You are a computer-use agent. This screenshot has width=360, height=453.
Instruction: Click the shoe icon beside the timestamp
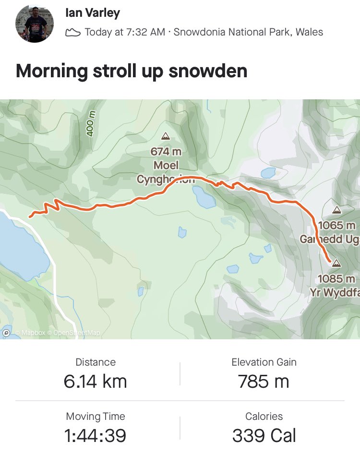(72, 33)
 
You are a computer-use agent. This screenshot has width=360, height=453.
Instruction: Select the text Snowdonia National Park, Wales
(248, 33)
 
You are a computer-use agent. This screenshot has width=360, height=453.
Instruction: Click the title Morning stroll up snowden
(132, 71)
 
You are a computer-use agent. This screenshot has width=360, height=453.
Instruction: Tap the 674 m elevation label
(166, 152)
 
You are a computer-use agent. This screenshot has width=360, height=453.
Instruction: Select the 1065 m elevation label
(337, 225)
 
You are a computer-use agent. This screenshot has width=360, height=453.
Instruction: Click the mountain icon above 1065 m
(336, 210)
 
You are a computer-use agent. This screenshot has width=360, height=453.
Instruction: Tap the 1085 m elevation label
(336, 279)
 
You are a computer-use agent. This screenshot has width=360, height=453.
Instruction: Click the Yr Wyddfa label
(338, 292)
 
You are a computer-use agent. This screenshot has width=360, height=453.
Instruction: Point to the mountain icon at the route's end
(336, 263)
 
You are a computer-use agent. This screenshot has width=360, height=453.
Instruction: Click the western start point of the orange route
(30, 216)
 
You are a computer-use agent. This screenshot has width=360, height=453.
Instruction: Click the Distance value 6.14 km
(95, 381)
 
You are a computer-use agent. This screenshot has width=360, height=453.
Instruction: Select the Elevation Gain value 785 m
(264, 381)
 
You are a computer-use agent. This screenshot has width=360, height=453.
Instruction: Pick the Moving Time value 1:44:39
(95, 436)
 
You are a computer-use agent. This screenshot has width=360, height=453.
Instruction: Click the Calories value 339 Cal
(264, 436)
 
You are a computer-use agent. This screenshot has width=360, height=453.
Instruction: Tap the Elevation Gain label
(264, 362)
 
